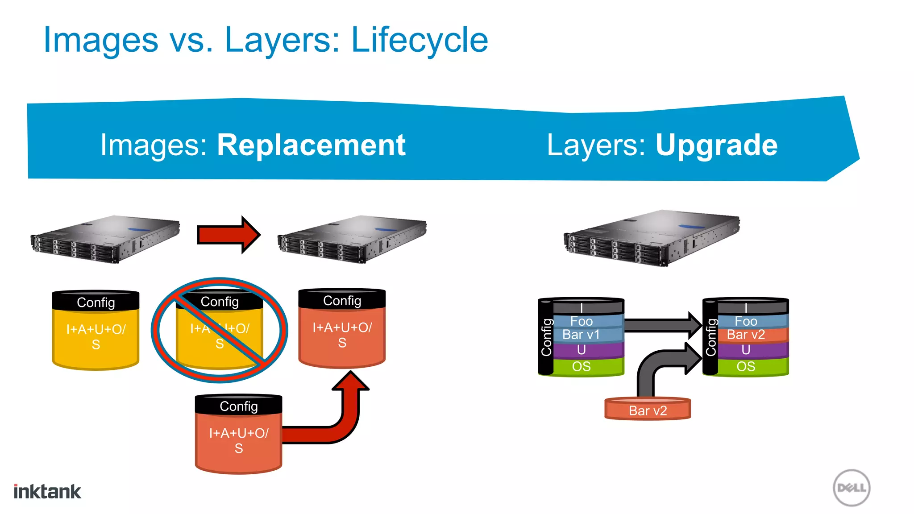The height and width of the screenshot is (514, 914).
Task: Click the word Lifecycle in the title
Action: (420, 40)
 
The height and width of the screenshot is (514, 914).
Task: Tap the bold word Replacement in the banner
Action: (311, 145)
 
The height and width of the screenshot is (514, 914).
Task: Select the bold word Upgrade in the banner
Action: (716, 145)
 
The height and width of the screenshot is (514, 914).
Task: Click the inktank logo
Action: (47, 492)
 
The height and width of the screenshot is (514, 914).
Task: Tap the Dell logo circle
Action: (852, 488)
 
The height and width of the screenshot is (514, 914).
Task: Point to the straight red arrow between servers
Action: (228, 235)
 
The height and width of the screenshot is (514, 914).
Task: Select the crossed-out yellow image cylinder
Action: (220, 330)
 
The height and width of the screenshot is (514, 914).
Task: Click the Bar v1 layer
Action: (582, 335)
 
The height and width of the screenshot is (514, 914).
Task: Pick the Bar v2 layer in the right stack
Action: (746, 335)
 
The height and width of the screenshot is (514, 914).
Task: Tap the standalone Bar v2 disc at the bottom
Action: (648, 410)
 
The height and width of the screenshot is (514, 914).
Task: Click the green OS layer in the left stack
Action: (582, 367)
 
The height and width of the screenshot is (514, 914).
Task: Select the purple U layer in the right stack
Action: (746, 350)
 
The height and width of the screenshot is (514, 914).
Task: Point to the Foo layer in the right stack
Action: (746, 321)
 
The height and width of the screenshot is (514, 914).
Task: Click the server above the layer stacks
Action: (652, 239)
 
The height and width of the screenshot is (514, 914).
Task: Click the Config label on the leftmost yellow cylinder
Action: (96, 303)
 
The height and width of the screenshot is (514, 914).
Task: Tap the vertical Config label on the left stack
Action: (546, 337)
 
